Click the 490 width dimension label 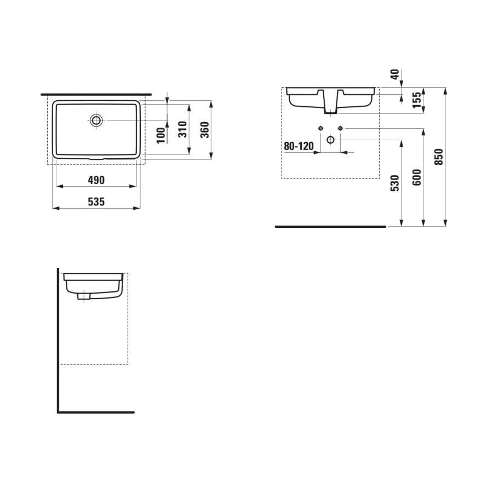pyautogui.click(x=96, y=180)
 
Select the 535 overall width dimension pyautogui.click(x=96, y=202)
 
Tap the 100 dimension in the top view pyautogui.click(x=160, y=135)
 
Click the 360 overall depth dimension pyautogui.click(x=204, y=129)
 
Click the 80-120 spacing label pyautogui.click(x=298, y=146)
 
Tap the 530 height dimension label pyautogui.click(x=395, y=183)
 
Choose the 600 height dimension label pyautogui.click(x=417, y=177)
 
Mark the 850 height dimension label pyautogui.click(x=439, y=157)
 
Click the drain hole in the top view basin pyautogui.click(x=97, y=120)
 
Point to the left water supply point pyautogui.click(x=320, y=128)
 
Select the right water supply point pyautogui.click(x=340, y=128)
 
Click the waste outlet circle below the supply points pyautogui.click(x=330, y=140)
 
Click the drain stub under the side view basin pyautogui.click(x=84, y=296)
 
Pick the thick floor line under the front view pyautogui.click(x=330, y=226)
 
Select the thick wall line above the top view pyautogui.click(x=96, y=95)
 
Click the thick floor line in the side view pyautogui.click(x=96, y=412)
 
